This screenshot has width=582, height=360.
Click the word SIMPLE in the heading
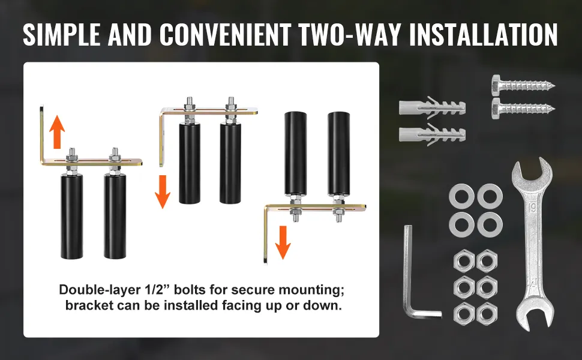tap(62, 34)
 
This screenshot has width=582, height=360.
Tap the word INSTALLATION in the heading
tap(483, 34)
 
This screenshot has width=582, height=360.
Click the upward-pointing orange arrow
tap(57, 132)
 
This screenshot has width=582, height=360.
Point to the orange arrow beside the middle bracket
tap(163, 191)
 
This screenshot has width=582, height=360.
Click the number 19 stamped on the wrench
tap(532, 208)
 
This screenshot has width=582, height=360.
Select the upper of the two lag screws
tap(523, 85)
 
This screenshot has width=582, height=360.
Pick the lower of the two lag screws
tap(523, 109)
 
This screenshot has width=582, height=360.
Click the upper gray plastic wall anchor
tap(432, 107)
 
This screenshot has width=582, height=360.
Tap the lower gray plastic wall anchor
tap(432, 134)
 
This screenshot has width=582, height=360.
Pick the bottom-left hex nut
tap(464, 314)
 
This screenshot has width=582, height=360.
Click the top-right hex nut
tap(487, 261)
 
